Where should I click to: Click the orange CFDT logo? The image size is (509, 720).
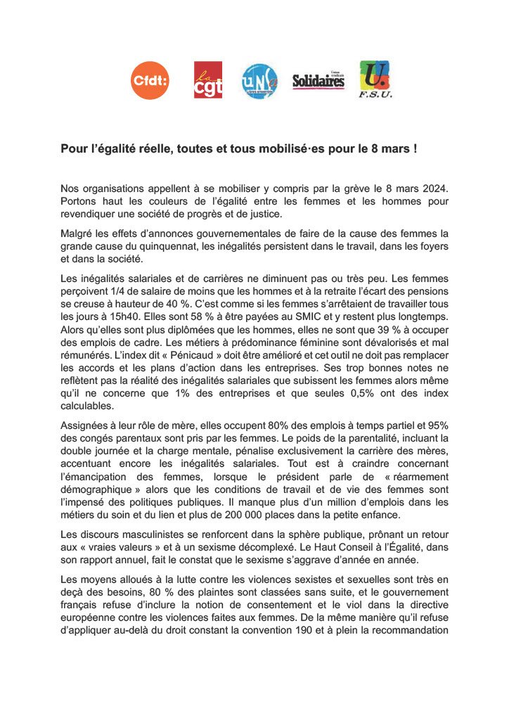click(x=150, y=81)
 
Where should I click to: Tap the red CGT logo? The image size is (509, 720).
click(x=208, y=80)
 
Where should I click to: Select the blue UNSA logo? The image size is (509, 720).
click(x=259, y=81)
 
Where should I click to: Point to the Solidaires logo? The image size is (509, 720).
click(x=318, y=81)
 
